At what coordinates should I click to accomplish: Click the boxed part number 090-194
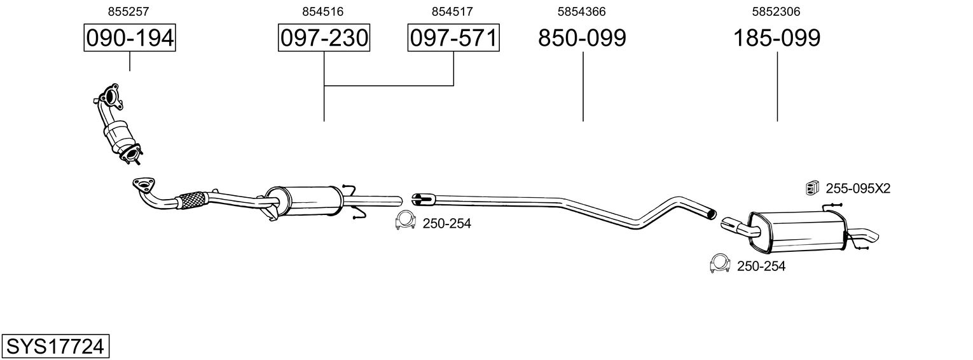(x=130, y=38)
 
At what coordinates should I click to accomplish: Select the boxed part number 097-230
(x=324, y=38)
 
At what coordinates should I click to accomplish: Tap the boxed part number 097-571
(x=453, y=38)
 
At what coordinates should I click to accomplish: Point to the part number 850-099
(x=582, y=38)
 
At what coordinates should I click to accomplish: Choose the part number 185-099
(x=776, y=38)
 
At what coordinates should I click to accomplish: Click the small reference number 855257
(x=130, y=11)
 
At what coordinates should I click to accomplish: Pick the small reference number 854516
(x=324, y=11)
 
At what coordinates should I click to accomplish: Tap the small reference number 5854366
(x=581, y=11)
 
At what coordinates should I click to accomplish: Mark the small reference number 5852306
(x=776, y=11)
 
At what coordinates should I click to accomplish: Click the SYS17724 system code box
(x=55, y=347)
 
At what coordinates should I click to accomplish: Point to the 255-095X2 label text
(x=858, y=188)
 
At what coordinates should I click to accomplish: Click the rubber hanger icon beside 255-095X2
(x=811, y=187)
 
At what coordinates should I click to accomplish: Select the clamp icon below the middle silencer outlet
(x=404, y=221)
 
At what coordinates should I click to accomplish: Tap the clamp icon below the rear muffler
(x=719, y=263)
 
